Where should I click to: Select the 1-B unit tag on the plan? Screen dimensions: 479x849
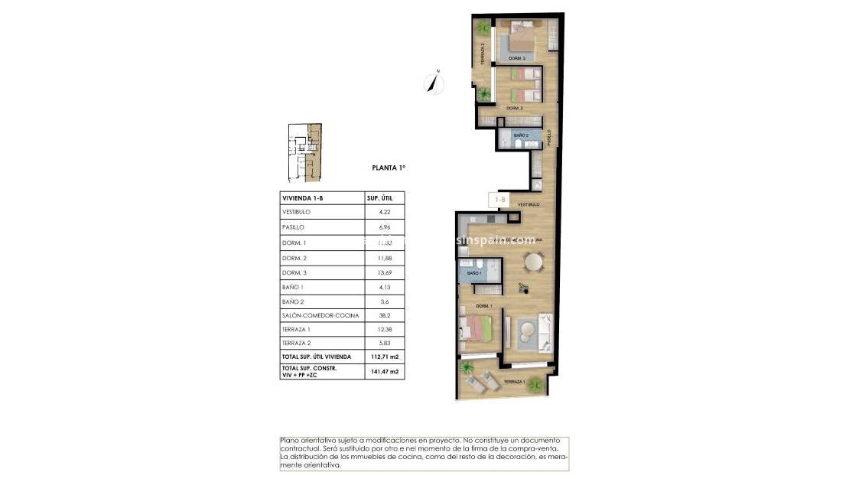tap(500, 200)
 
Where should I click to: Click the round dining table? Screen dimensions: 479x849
tap(534, 262)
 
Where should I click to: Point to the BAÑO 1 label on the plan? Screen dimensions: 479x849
tap(474, 273)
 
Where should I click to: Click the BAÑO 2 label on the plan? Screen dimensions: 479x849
tap(521, 135)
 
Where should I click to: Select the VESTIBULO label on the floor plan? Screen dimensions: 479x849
tap(529, 204)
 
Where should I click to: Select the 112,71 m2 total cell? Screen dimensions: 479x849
tap(385, 357)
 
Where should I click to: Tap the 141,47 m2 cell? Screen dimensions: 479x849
tap(385, 372)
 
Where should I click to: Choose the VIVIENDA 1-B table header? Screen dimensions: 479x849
tap(302, 198)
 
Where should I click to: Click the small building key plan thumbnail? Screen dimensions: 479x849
tap(304, 153)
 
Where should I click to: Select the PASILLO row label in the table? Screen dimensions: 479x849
tap(294, 227)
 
